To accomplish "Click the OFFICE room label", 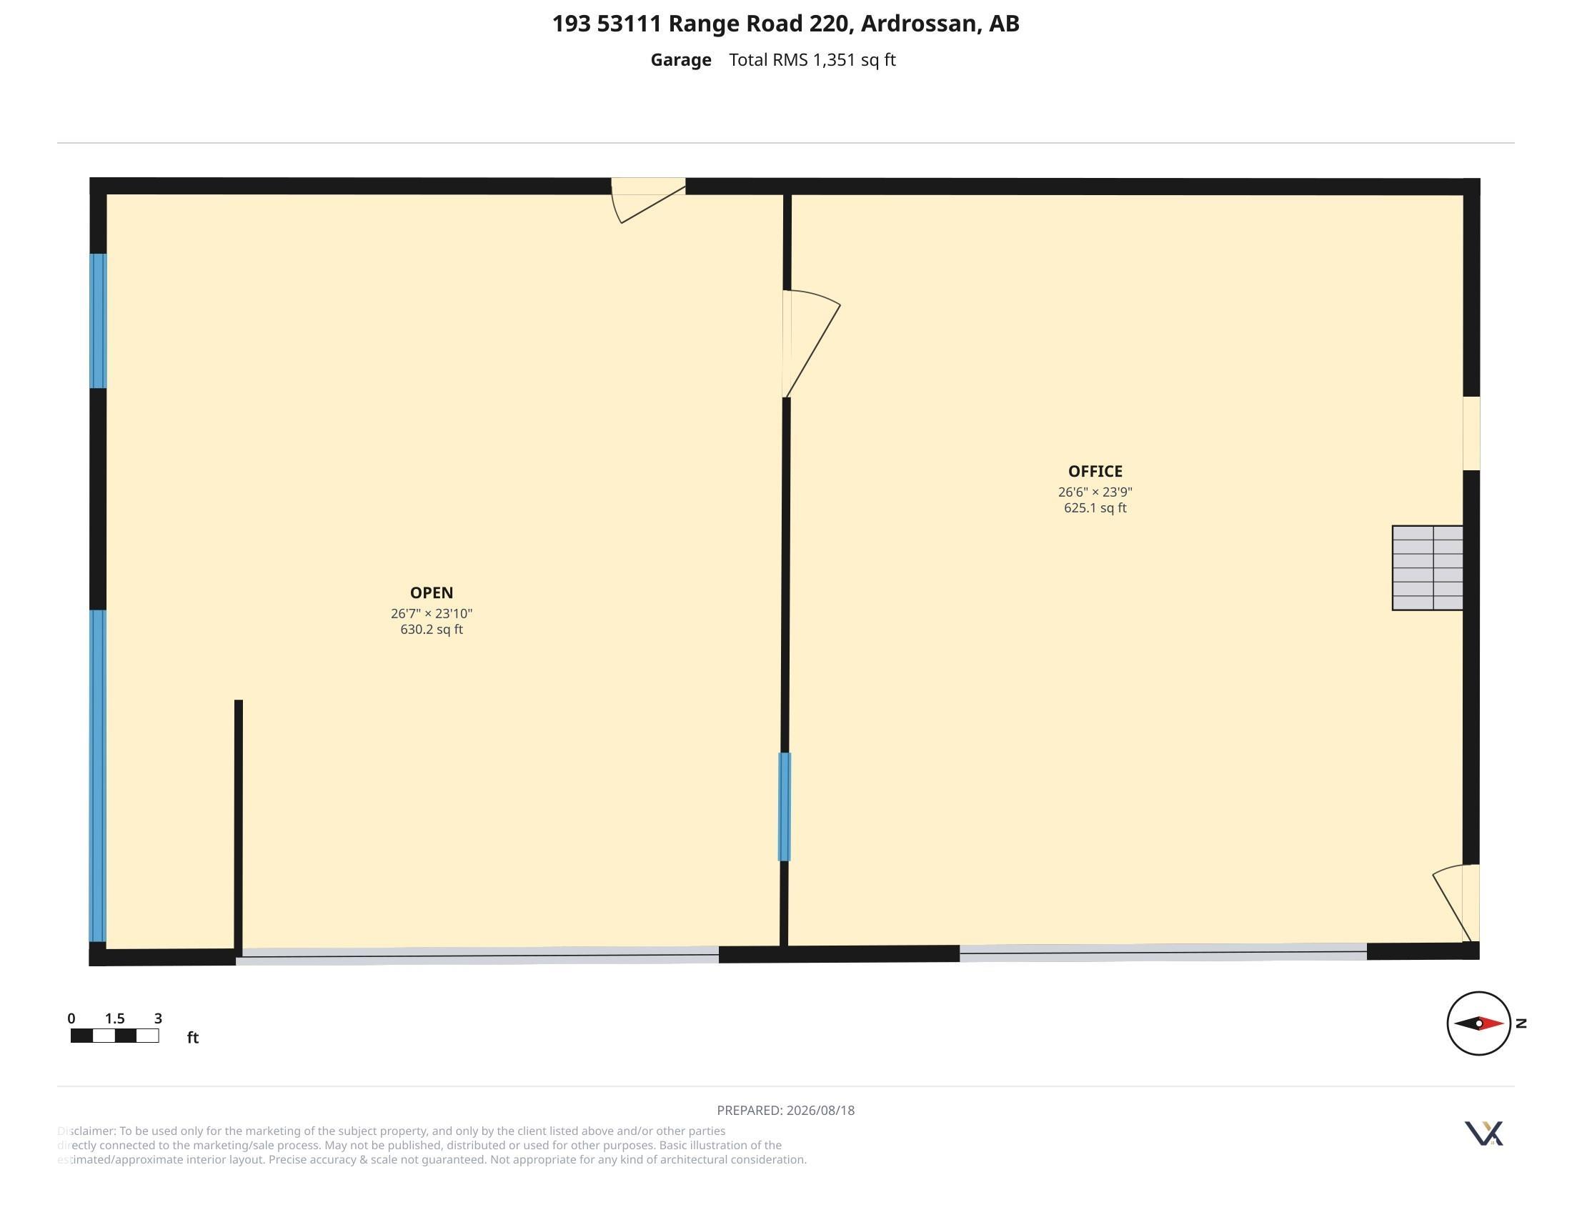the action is (1095, 472).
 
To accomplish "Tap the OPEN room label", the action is (431, 593).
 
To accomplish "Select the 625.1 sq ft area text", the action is (1095, 508).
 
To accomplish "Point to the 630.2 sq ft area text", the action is (431, 630).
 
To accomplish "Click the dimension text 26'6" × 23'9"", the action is (1095, 492).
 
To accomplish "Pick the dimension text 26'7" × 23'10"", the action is (431, 614).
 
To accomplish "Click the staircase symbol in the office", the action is (1428, 568).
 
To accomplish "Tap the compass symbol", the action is (1478, 1023).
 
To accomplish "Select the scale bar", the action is (114, 1036).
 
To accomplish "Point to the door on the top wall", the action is (649, 200).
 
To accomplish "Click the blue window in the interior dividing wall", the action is (785, 807).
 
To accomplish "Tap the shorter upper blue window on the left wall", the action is (98, 321).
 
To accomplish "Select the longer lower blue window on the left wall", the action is (97, 776).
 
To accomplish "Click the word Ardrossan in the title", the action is (918, 24).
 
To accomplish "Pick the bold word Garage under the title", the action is (681, 61).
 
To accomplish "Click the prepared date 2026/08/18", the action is (820, 1111).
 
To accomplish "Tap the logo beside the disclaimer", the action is (1483, 1133).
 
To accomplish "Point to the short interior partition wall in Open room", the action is (238, 828).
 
